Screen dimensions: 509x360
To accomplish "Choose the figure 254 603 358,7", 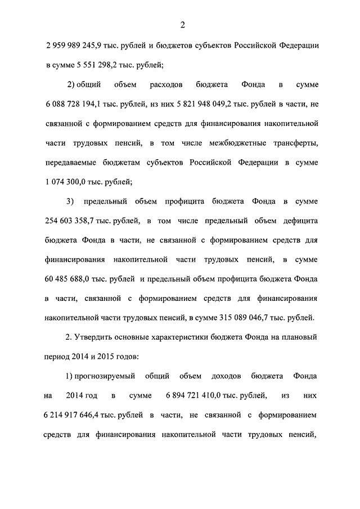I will pos(71,220).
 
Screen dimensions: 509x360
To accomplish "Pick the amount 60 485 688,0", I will pos(67,279).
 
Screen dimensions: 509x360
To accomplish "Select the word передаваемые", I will pos(70,163).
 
